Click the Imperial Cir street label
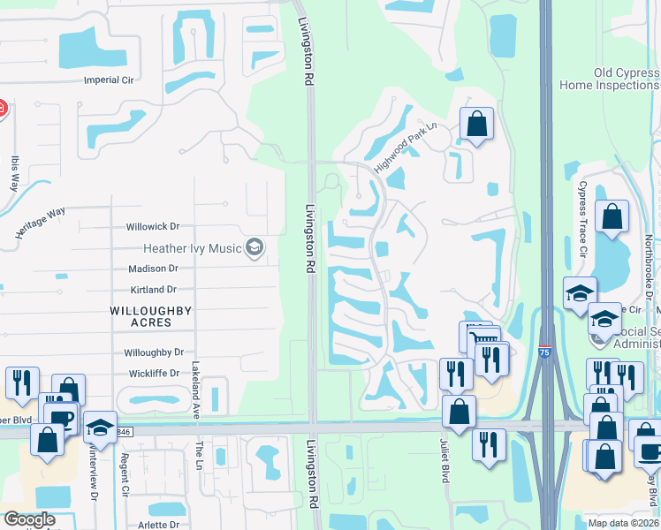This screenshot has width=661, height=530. pyautogui.click(x=107, y=79)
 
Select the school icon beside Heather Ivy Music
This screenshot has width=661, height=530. pyautogui.click(x=255, y=247)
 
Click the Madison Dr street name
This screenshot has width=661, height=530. pyautogui.click(x=153, y=269)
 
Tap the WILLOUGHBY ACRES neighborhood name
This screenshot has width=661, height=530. pyautogui.click(x=141, y=316)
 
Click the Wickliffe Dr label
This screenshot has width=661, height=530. pyautogui.click(x=151, y=374)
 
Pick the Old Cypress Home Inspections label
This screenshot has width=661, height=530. pyautogui.click(x=610, y=79)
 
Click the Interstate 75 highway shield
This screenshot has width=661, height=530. pyautogui.click(x=545, y=352)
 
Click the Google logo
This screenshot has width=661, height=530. pyautogui.click(x=29, y=519)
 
